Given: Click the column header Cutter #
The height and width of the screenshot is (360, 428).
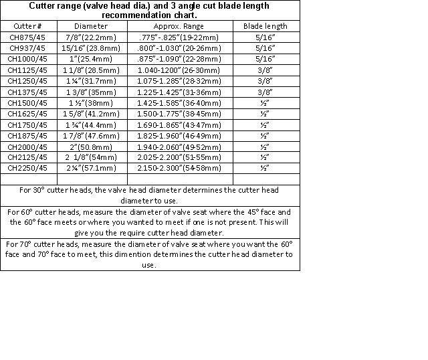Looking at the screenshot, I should pyautogui.click(x=27, y=26).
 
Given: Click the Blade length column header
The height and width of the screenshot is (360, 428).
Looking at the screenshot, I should pyautogui.click(x=265, y=26).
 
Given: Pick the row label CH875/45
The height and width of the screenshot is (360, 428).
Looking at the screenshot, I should pyautogui.click(x=27, y=37).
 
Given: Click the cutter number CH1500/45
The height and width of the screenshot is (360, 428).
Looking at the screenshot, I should pyautogui.click(x=27, y=102).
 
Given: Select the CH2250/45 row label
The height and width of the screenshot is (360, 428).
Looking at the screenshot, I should pyautogui.click(x=27, y=168).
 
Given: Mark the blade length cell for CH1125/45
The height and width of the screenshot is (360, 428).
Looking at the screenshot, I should pyautogui.click(x=265, y=70).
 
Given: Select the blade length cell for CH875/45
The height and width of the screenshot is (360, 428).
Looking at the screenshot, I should pyautogui.click(x=265, y=37).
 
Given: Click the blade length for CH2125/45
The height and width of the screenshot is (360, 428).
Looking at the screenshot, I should pyautogui.click(x=265, y=157).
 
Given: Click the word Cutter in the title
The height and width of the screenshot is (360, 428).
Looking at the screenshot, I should pyautogui.click(x=43, y=5).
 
